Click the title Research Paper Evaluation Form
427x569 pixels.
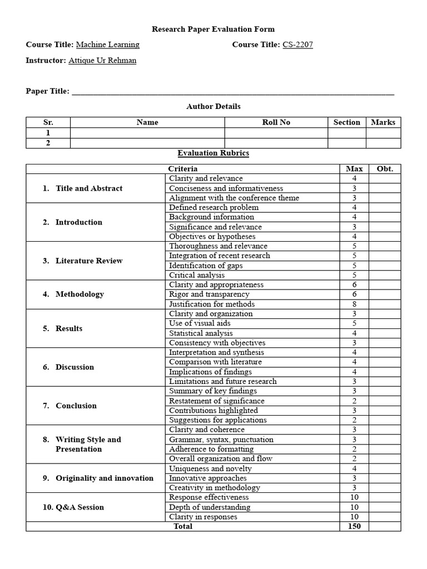[213, 29]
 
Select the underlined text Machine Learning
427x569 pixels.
[107, 45]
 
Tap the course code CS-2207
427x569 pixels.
[297, 45]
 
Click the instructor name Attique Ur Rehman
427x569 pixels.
[102, 61]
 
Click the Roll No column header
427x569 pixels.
[276, 122]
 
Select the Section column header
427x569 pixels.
[346, 122]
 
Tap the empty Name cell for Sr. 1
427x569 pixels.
[147, 133]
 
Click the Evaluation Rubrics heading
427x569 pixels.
[213, 153]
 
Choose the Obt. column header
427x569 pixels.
[385, 169]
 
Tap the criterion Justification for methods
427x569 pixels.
[212, 304]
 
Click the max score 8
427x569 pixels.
[354, 304]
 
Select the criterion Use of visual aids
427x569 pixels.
[200, 323]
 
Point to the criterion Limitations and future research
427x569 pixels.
[222, 381]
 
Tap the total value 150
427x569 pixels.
[354, 526]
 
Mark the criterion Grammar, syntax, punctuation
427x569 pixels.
[221, 440]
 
